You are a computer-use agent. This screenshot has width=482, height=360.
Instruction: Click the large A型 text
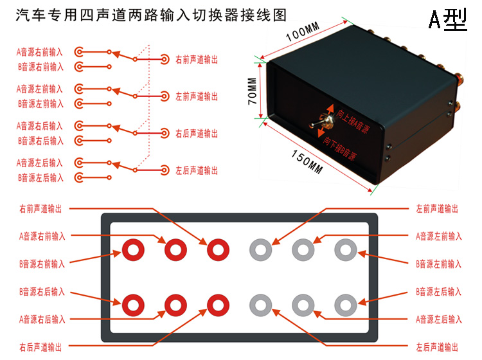448,21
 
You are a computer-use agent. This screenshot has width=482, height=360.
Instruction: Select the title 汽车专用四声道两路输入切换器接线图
151,15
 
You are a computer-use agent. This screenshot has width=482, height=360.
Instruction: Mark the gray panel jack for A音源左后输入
303,303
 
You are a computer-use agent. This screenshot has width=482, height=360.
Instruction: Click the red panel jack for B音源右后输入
133,303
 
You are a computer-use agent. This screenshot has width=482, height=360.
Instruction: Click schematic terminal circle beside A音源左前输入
79,88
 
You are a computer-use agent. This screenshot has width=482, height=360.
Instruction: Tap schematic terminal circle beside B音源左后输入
79,177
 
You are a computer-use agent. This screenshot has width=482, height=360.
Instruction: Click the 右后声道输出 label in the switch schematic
197,134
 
